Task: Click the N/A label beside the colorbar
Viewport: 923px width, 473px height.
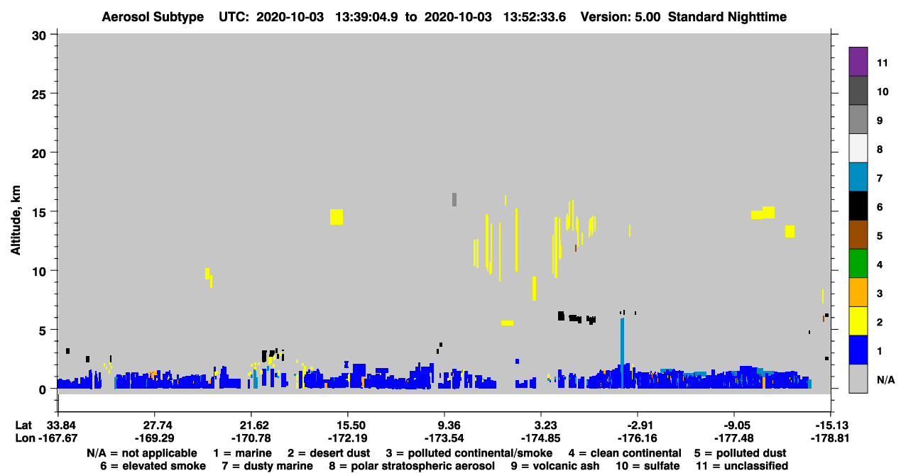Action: coord(885,380)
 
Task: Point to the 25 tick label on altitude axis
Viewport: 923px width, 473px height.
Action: coord(39,95)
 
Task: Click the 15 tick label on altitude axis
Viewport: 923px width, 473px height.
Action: coord(39,213)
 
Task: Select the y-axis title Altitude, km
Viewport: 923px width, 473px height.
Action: coord(16,221)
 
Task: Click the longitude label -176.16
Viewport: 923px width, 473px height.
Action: coord(637,438)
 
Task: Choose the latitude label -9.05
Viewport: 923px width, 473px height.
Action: coord(736,425)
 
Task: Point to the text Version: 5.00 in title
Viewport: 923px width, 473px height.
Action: coord(620,17)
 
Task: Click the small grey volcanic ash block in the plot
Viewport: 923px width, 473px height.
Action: coord(454,200)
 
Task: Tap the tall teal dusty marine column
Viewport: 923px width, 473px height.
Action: coord(622,352)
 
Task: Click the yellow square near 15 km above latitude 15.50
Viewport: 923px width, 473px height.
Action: coord(337,217)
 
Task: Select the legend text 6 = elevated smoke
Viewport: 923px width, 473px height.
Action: coord(153,466)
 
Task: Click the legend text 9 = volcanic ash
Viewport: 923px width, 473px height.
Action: coord(555,466)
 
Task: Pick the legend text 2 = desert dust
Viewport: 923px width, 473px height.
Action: coord(329,453)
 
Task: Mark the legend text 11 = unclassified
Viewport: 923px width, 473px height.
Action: coord(742,466)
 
